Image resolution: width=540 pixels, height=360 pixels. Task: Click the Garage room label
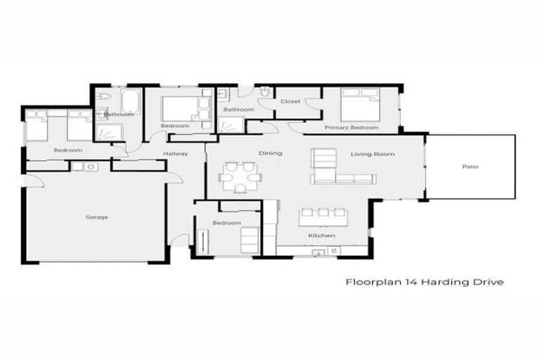[x=97, y=217]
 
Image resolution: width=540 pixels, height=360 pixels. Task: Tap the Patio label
[x=470, y=167]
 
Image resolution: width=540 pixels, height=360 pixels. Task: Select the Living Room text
[x=373, y=154]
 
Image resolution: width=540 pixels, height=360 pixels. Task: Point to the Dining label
[x=270, y=153]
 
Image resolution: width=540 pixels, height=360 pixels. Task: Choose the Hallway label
[x=175, y=154]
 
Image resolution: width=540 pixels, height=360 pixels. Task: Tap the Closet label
[x=290, y=101]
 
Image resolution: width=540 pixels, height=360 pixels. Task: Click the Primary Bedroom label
[x=352, y=128]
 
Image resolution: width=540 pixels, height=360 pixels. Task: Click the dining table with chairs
[x=239, y=176]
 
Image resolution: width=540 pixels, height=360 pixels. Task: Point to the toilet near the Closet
[x=265, y=93]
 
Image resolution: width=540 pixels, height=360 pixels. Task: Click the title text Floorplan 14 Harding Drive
[x=424, y=282]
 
